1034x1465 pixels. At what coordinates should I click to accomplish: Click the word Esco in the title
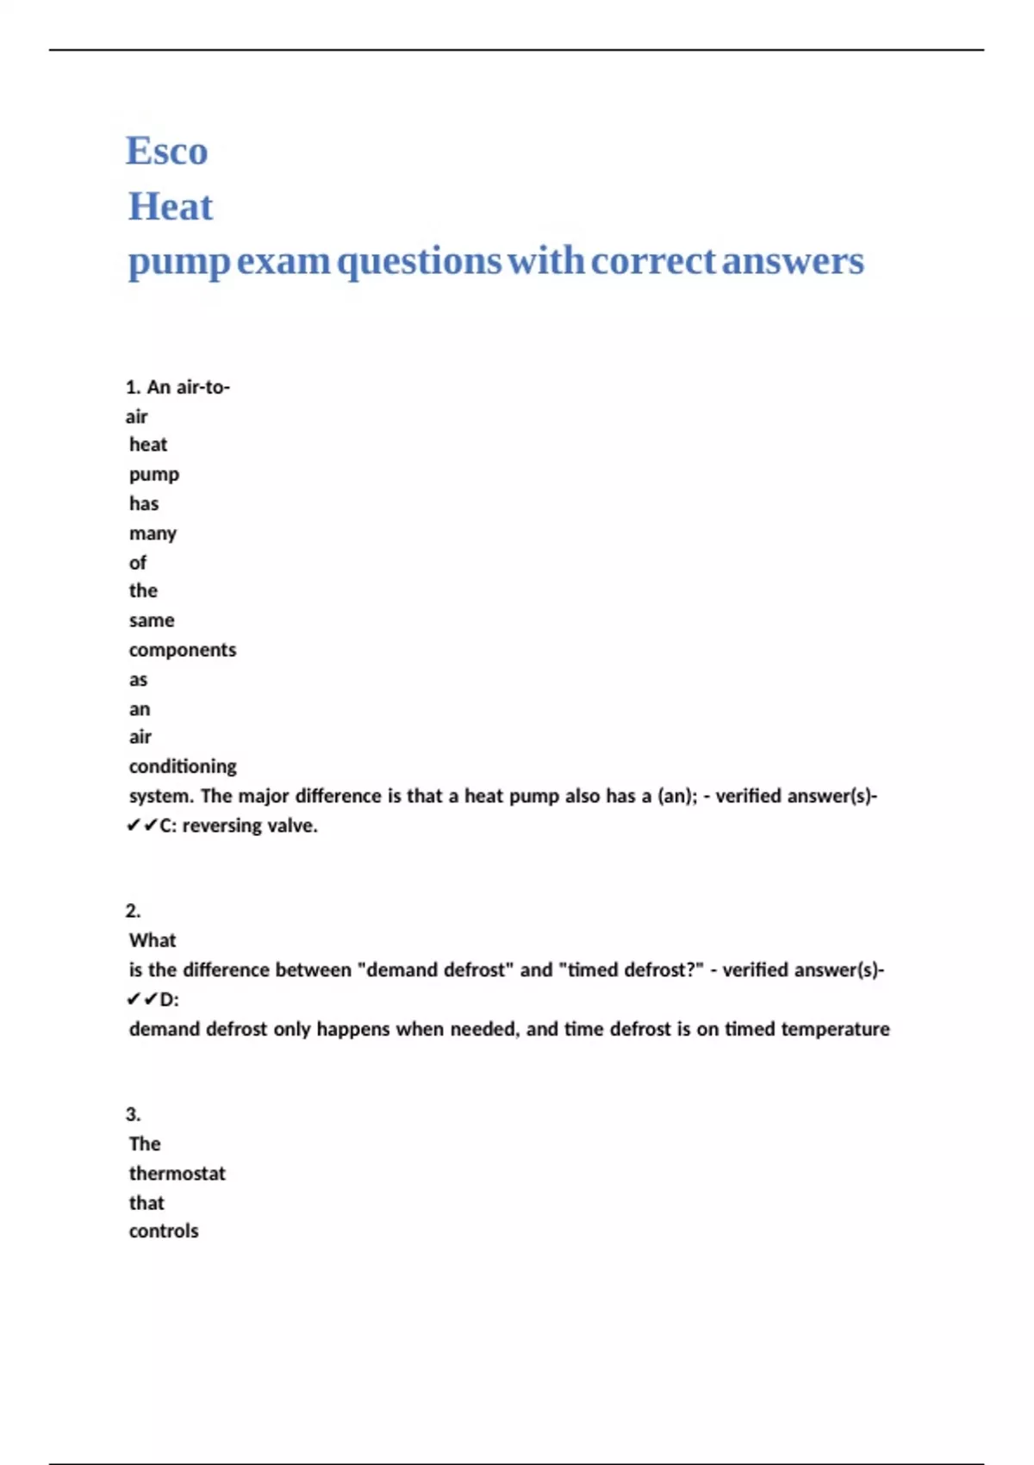click(x=166, y=152)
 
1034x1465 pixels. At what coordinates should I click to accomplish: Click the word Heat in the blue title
click(x=171, y=207)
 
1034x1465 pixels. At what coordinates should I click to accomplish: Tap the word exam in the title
click(x=283, y=261)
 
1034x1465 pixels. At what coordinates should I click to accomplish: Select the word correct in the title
click(x=653, y=261)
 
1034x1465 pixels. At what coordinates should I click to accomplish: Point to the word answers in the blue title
click(x=793, y=261)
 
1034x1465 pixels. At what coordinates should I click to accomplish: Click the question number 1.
click(x=133, y=388)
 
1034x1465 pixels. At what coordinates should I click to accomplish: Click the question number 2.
click(x=133, y=911)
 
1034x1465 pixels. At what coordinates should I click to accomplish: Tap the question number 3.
click(x=133, y=1114)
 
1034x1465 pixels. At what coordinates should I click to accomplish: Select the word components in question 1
click(x=182, y=650)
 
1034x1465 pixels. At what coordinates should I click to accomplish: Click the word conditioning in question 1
click(x=182, y=766)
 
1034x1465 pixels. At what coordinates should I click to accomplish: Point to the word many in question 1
click(x=153, y=533)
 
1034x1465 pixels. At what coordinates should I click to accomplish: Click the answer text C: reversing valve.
click(x=239, y=826)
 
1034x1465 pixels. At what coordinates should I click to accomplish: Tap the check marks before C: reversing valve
click(x=141, y=826)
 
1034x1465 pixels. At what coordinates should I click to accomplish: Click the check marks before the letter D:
click(x=141, y=1000)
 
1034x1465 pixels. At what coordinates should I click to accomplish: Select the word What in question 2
click(x=152, y=940)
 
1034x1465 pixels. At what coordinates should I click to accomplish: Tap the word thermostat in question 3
click(x=177, y=1174)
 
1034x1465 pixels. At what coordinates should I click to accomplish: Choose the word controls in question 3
click(x=164, y=1231)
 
